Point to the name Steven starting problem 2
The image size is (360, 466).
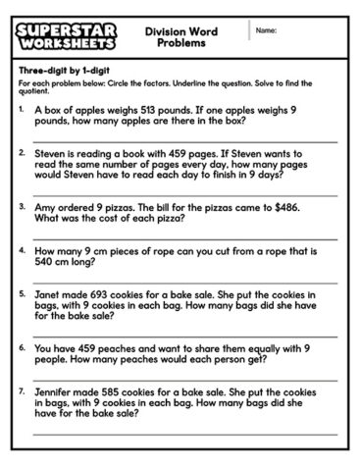pos(51,153)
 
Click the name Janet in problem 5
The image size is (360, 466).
pos(50,294)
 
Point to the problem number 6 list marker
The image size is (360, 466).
pos(22,347)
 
